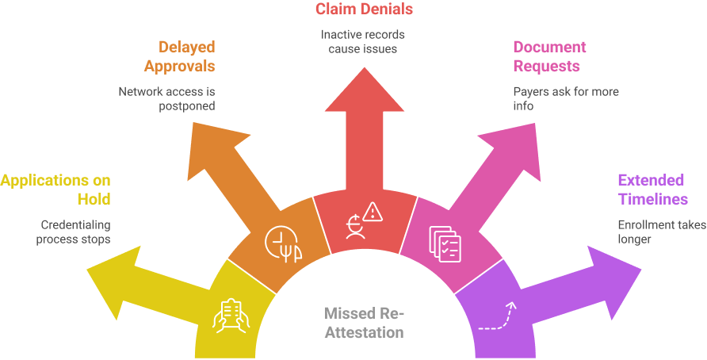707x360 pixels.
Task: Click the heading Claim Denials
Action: [364, 10]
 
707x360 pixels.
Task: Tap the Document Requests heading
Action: [546, 56]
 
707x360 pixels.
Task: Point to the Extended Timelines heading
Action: [652, 189]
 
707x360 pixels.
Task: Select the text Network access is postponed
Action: [167, 98]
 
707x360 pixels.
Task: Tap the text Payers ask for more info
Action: [565, 98]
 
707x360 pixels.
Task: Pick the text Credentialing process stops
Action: [73, 231]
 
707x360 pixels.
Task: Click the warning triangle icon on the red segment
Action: [373, 211]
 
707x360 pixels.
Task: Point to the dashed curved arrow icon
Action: [497, 315]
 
